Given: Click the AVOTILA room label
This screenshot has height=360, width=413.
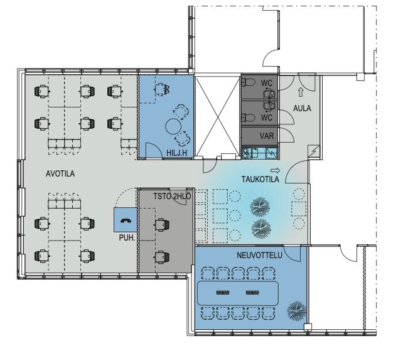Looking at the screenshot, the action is click(x=60, y=174).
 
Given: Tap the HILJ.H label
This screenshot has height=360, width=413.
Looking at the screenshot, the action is click(x=176, y=153).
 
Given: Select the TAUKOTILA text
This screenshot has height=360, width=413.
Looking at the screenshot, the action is click(x=260, y=179).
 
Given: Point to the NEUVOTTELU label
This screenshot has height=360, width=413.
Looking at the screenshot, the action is click(x=259, y=255).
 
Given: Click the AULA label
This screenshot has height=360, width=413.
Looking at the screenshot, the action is click(x=302, y=108).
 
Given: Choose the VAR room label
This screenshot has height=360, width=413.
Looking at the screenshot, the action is click(x=267, y=136).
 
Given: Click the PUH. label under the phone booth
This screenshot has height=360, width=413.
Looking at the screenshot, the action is click(x=127, y=237).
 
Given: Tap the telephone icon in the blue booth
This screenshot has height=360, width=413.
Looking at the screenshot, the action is click(x=125, y=221).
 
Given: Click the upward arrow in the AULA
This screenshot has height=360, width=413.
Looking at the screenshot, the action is click(x=301, y=92).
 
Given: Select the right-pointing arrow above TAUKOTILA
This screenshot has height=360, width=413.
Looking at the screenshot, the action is click(x=276, y=170).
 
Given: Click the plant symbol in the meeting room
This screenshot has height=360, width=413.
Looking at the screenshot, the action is click(x=297, y=311).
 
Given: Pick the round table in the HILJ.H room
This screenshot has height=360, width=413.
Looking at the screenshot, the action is click(x=173, y=126).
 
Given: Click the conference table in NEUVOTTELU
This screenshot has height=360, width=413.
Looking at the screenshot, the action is click(x=238, y=293).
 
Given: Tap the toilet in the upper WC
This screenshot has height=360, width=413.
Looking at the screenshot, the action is click(x=249, y=83).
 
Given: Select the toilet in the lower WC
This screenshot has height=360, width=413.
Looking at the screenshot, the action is click(x=249, y=117).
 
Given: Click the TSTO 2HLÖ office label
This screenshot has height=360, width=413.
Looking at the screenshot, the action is click(x=172, y=197).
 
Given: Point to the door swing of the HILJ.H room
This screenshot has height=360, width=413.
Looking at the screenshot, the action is click(x=154, y=151).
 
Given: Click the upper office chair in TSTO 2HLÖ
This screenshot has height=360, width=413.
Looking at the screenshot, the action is click(x=162, y=225).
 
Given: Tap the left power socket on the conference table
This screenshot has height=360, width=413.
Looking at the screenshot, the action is click(x=223, y=293).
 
